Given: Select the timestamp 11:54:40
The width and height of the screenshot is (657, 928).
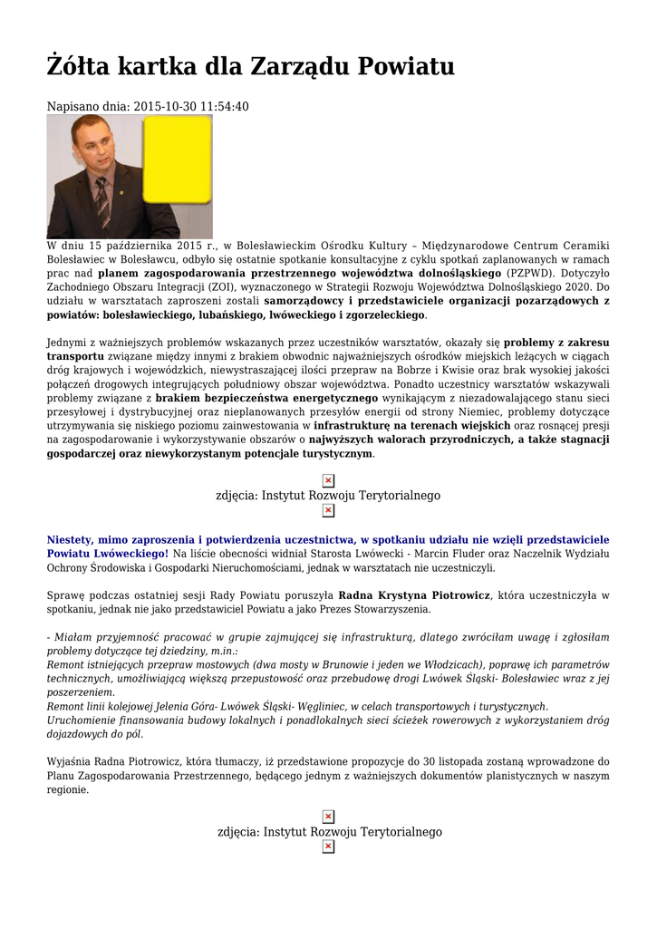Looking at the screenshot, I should coord(219,107).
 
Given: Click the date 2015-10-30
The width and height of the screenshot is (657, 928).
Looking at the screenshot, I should coord(161,107).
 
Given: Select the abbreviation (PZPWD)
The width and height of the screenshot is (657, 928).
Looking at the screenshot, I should coord(531,272).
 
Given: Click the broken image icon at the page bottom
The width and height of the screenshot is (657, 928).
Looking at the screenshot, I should coord(328,846).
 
